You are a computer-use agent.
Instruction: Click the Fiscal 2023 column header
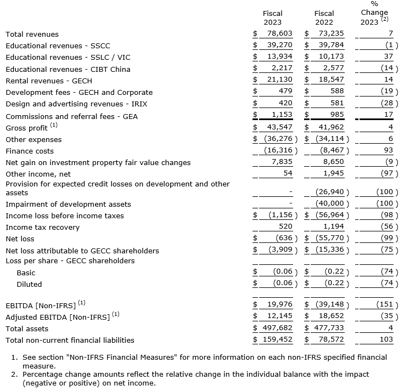click(x=272, y=18)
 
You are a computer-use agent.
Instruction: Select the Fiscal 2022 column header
click(x=324, y=18)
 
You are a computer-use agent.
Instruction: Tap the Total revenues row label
click(x=32, y=34)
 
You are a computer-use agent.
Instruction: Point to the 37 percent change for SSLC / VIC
click(x=389, y=57)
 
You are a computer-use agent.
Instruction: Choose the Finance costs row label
click(x=30, y=151)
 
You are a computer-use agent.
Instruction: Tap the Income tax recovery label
click(x=42, y=228)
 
